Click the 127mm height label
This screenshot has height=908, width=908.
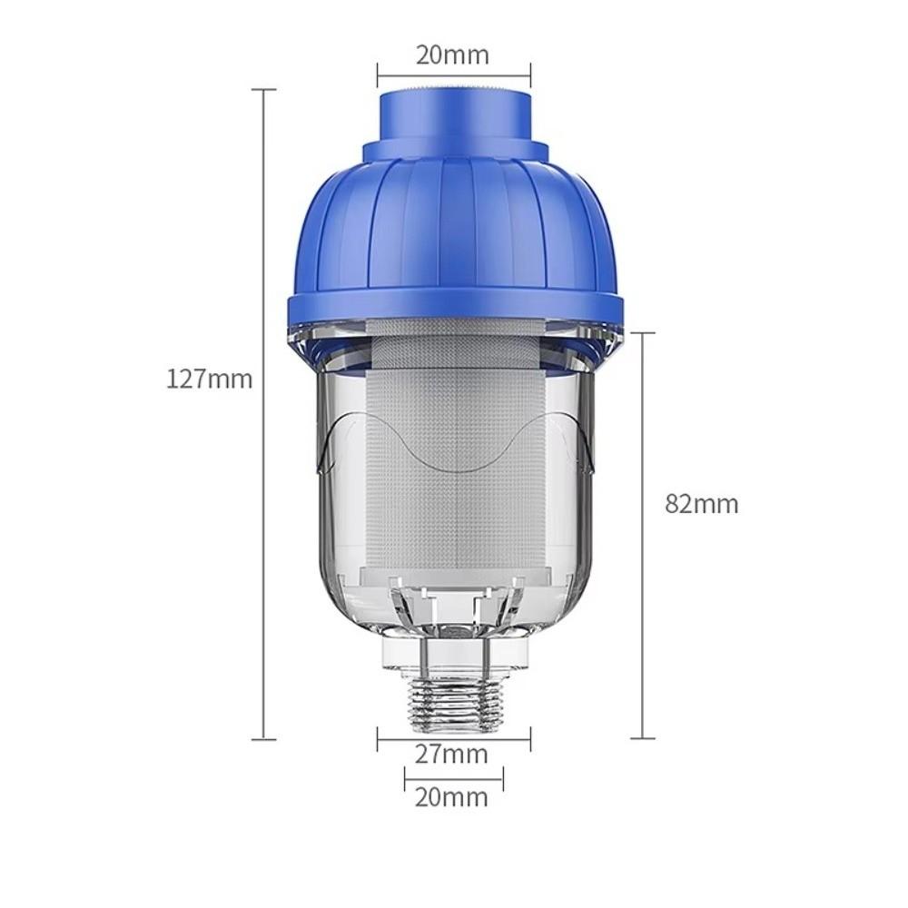coord(209,378)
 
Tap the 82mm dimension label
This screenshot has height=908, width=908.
coord(701,504)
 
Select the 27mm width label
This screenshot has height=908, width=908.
coord(451,754)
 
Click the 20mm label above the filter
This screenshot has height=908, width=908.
coord(452,54)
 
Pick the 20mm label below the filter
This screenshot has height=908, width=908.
coord(451,797)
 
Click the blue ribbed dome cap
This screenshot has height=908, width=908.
coord(454,227)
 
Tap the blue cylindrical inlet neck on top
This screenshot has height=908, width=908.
coord(454,113)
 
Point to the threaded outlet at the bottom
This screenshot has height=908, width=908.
coord(454,703)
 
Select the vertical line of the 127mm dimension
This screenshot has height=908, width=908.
coord(264,545)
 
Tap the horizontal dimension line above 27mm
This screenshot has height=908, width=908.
coord(454,738)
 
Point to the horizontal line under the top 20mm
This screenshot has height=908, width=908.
coord(454,76)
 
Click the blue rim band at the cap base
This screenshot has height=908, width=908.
coord(454,310)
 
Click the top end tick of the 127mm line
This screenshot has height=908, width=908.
coord(264,90)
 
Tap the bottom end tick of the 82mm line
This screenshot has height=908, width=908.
coord(643,738)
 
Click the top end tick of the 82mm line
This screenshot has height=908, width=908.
coord(643,333)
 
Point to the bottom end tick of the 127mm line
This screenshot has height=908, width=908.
coord(264,738)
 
